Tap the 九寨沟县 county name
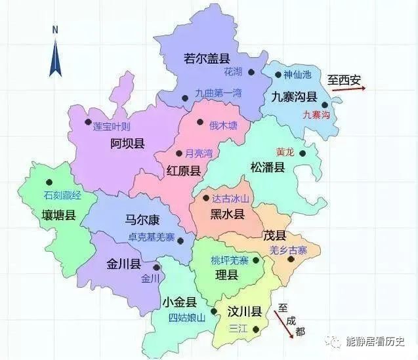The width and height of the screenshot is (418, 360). [x=295, y=96]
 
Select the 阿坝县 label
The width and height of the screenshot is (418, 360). [x=127, y=144]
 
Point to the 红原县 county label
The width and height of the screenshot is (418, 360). [x=184, y=170]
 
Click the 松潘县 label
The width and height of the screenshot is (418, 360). [x=268, y=167]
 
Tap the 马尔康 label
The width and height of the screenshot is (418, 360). [x=143, y=220]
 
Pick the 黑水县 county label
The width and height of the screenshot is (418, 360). [x=227, y=214]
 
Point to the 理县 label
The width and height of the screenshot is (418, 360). [x=226, y=275]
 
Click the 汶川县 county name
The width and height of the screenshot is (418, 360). [x=243, y=311]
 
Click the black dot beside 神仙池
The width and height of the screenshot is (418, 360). [x=278, y=75]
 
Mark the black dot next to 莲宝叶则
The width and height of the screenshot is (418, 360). [x=89, y=122]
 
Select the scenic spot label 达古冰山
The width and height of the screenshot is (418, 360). [x=230, y=198]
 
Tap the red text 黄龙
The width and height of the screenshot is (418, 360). [x=285, y=151]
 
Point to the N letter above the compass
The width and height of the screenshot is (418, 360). [x=56, y=30]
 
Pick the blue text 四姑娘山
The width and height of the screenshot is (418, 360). [x=187, y=318]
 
